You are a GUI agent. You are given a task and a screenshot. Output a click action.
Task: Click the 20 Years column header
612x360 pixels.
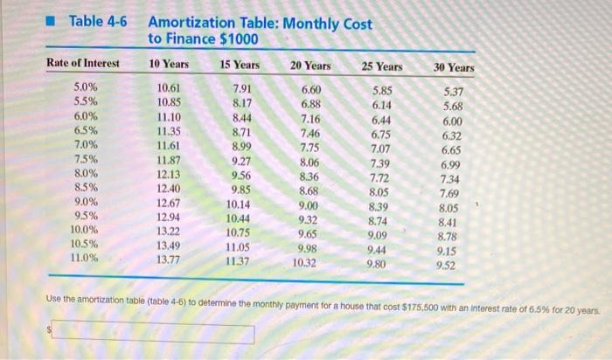(x=310, y=65)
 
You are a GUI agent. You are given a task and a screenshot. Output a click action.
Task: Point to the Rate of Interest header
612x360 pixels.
(x=84, y=63)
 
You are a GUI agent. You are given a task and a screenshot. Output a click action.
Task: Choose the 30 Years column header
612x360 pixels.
(x=453, y=67)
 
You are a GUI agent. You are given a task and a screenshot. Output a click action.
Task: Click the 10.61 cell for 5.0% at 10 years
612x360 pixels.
(x=168, y=88)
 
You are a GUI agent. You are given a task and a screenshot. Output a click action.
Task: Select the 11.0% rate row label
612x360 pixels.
(x=84, y=258)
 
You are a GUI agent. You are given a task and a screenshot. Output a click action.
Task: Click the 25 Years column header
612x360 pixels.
(x=382, y=66)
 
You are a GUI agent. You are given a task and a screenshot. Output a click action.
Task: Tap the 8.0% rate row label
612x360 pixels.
(x=85, y=173)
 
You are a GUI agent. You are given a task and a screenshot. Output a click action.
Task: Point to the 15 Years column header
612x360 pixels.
(x=239, y=64)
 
